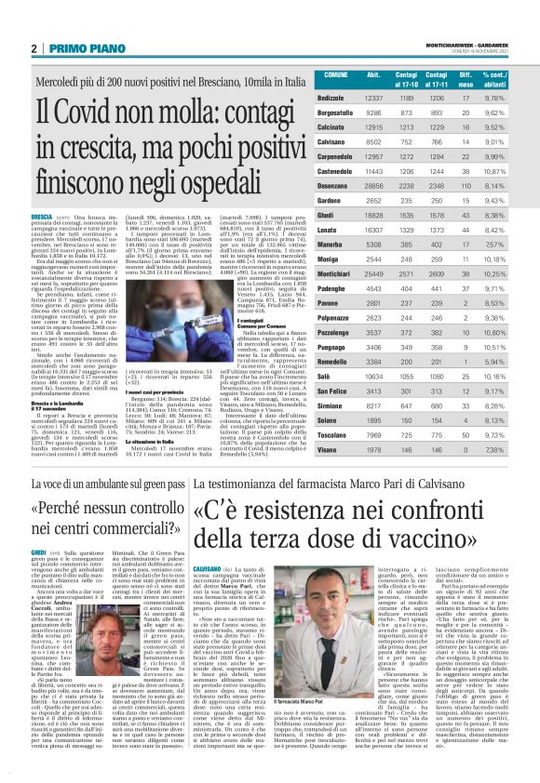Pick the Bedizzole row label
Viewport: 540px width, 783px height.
(332, 98)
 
